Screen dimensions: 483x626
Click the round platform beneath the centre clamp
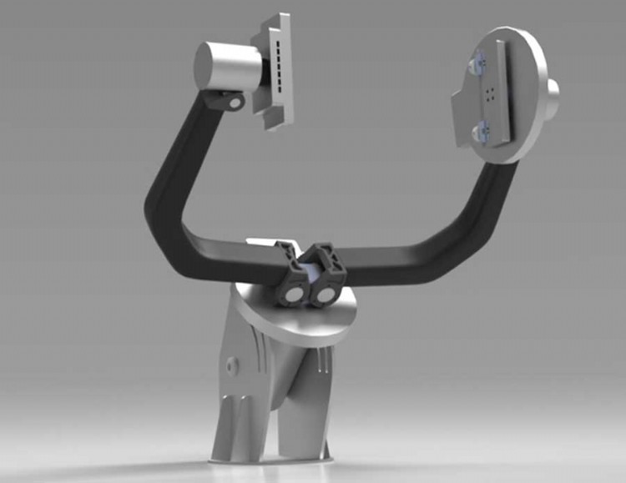coord(334,321)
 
